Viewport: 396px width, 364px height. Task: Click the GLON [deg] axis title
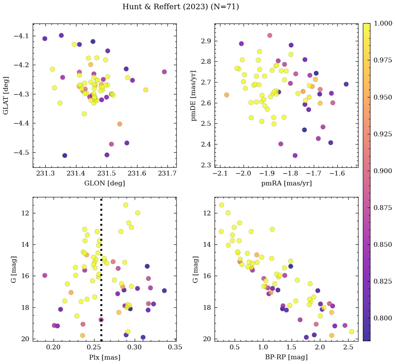coord(104,183)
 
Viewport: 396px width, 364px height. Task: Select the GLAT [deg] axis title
coord(6,95)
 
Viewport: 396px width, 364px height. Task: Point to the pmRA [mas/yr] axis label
coord(286,183)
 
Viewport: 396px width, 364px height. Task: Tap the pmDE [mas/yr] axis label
coord(194,95)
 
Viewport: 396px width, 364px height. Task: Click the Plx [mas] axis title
coord(104,357)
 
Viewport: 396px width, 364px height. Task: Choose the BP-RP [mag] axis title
coord(286,357)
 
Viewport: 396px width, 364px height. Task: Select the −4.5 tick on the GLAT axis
coord(21,152)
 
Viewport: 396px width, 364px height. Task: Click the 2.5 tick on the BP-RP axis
coord(348,347)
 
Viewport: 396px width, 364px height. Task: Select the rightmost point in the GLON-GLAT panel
coord(164,72)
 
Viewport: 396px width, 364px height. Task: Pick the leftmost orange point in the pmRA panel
coord(226,95)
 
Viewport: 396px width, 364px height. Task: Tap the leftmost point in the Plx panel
coord(45,275)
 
